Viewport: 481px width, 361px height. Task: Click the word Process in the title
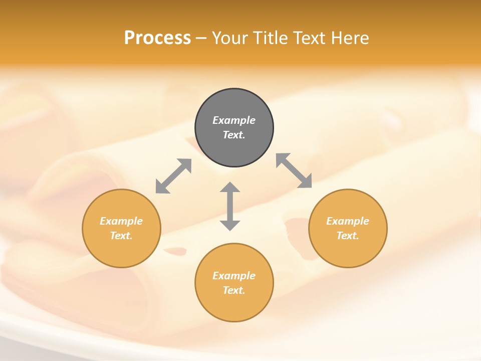coord(157,38)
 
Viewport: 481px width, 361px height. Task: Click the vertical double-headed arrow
coord(230,206)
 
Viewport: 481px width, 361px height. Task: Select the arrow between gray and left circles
coord(173,176)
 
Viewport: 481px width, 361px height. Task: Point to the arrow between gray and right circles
coord(294,170)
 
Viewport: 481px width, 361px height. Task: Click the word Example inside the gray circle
coord(234,120)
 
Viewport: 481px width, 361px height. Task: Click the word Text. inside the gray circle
coord(234,135)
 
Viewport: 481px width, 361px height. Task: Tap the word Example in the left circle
coord(121,221)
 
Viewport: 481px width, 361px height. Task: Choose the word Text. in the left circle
coord(121,236)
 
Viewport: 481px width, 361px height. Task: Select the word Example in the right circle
coord(348,221)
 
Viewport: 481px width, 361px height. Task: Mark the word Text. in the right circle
coord(348,236)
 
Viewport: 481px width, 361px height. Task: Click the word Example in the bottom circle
coord(234,276)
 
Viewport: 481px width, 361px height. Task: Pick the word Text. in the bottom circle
coord(234,290)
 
